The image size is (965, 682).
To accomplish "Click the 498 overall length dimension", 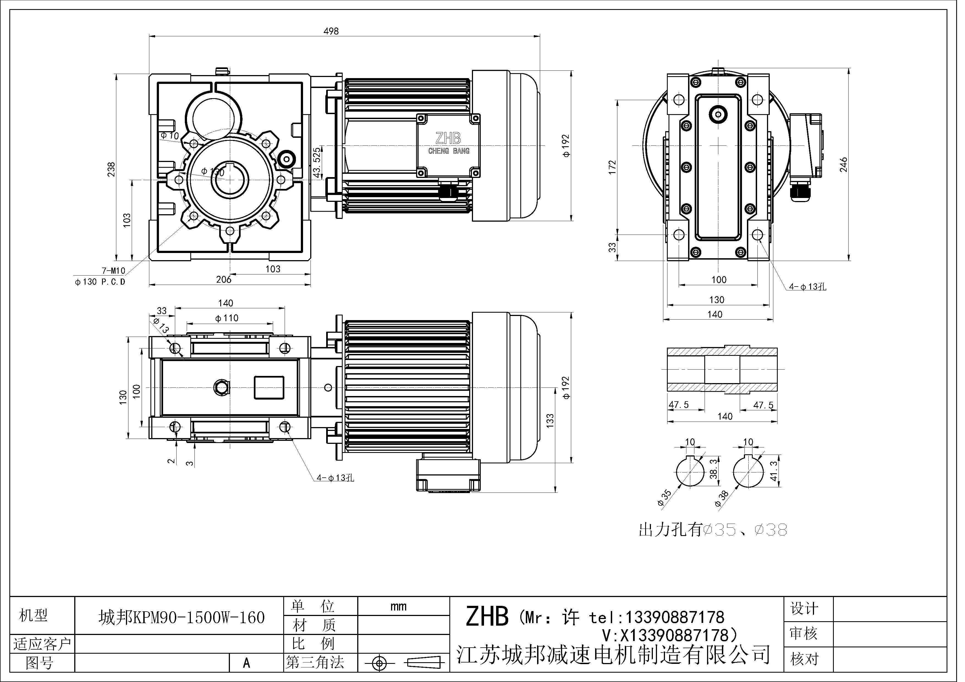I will point(331,31).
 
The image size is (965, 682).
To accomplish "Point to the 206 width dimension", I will point(224,279).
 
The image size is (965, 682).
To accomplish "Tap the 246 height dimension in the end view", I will point(843,165).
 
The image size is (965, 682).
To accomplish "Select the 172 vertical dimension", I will point(612,167).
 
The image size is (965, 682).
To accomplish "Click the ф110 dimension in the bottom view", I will point(227,318).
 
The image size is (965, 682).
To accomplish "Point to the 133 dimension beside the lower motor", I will point(550,421).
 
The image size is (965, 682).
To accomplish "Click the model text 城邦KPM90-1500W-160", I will point(182,617).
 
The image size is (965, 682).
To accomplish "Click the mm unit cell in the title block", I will point(398,606).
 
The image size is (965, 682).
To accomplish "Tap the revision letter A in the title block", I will point(247,663).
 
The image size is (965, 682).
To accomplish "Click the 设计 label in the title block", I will point(804,609).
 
